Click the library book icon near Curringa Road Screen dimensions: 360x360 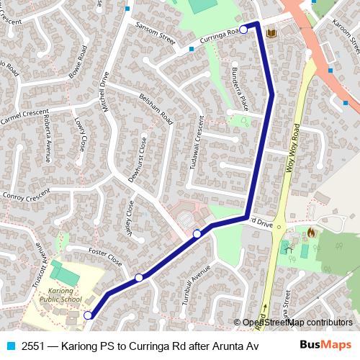(271, 33)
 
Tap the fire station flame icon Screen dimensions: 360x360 (311, 233)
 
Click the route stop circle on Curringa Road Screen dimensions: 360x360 (243, 29)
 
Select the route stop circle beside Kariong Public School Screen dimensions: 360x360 (88, 315)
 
